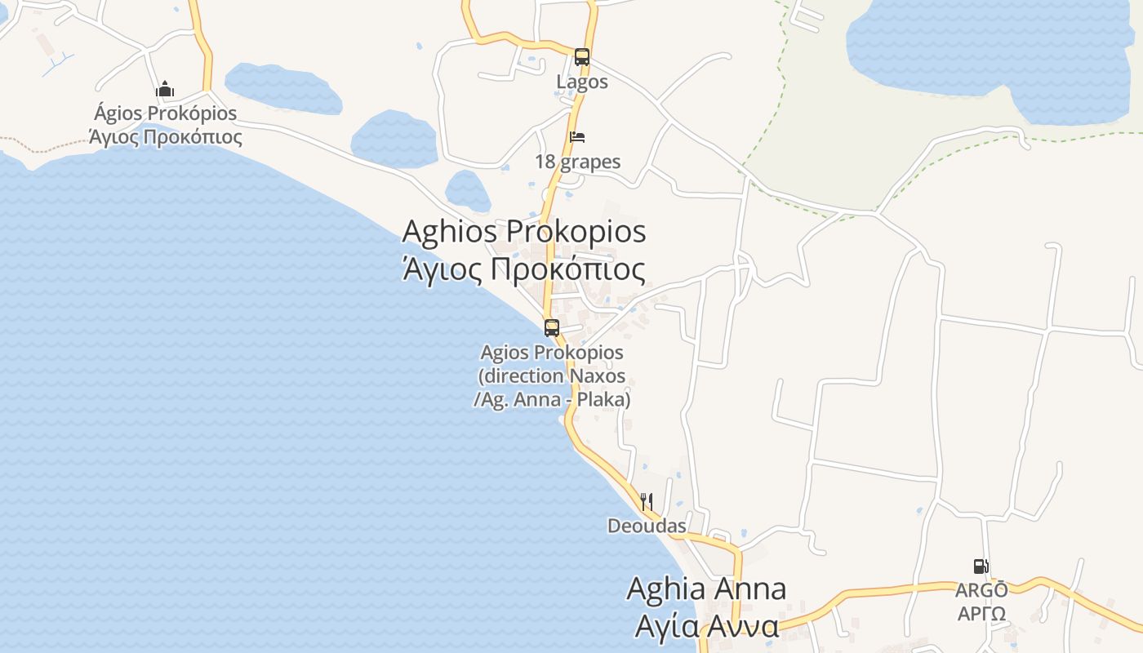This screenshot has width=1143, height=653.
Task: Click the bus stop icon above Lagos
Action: (581, 57)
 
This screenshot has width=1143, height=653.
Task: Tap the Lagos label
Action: (582, 82)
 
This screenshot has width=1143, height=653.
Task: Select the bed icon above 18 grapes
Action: (577, 137)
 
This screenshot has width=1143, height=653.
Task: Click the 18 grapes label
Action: (577, 162)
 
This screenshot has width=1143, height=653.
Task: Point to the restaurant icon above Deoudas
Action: (646, 501)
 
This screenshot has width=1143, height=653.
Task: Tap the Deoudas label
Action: (647, 526)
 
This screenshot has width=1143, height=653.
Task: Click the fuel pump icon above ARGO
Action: (981, 566)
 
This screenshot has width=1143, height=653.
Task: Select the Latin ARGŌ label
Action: (981, 590)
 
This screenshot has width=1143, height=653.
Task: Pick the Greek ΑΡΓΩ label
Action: (981, 613)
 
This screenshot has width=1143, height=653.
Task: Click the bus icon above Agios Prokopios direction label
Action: (552, 328)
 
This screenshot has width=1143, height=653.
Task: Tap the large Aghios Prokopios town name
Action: (524, 231)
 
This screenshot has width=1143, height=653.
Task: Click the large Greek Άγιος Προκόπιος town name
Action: (524, 269)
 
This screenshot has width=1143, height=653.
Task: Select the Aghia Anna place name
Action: (706, 589)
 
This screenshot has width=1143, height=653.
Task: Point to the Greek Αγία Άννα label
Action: (707, 627)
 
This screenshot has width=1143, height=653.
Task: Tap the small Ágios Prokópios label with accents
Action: (166, 113)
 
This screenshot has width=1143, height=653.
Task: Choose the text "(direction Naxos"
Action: (552, 376)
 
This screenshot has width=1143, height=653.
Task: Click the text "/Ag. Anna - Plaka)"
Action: (552, 400)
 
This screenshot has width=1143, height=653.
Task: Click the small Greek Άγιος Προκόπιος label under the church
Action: (166, 136)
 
